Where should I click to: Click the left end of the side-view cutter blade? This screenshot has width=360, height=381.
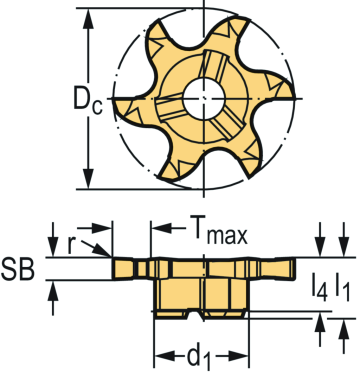111,268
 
